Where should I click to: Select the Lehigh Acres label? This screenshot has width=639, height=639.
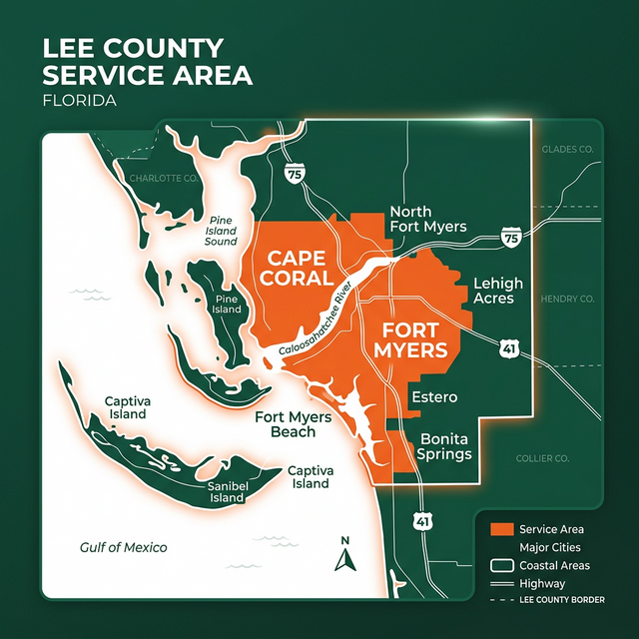pos(493,291)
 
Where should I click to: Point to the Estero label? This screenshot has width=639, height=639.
pos(434,397)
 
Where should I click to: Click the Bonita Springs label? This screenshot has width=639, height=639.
pos(445,446)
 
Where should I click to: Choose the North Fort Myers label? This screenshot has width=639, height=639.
pos(427,219)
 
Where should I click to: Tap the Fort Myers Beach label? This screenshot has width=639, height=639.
pos(286,424)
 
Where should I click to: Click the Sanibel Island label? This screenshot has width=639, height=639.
pos(227,491)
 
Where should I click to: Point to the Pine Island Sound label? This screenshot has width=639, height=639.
pos(222,231)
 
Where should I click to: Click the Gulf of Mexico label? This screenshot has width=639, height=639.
pos(124,547)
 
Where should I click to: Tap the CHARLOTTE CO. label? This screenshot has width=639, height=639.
pos(165,178)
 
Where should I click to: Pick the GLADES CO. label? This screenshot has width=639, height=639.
pos(567,149)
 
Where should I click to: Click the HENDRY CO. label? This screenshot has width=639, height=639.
pos(567,299)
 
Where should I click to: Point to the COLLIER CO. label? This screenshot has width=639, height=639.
pos(541,458)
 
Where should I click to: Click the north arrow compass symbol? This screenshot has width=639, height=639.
pos(345,555)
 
